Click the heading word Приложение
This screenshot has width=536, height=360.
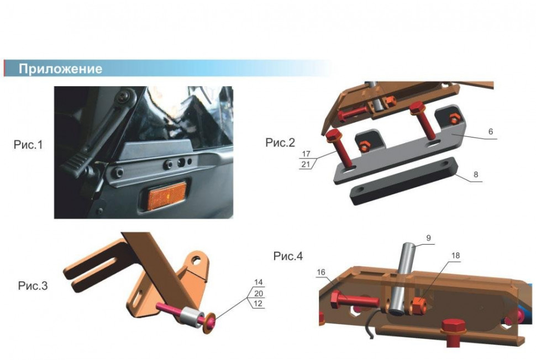coord(60,68)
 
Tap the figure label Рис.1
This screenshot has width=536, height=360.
coord(28,145)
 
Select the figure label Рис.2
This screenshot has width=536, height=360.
coord(280,142)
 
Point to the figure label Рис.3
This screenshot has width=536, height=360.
coord(33,285)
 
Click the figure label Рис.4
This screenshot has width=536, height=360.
coord(288,256)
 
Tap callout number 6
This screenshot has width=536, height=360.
coord(491,131)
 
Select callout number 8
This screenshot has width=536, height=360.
coord(476,174)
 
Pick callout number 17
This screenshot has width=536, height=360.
coord(306,153)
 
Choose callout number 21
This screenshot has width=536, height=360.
coord(306,165)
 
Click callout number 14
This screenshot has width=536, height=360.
coord(259,282)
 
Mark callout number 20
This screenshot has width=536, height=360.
coord(259,293)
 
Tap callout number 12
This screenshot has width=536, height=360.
coord(258,303)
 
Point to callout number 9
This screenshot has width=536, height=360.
coord(429,239)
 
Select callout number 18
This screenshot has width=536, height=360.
coord(455,256)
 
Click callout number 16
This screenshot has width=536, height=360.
coord(321,272)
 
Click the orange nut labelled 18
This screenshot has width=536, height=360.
coord(418,304)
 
